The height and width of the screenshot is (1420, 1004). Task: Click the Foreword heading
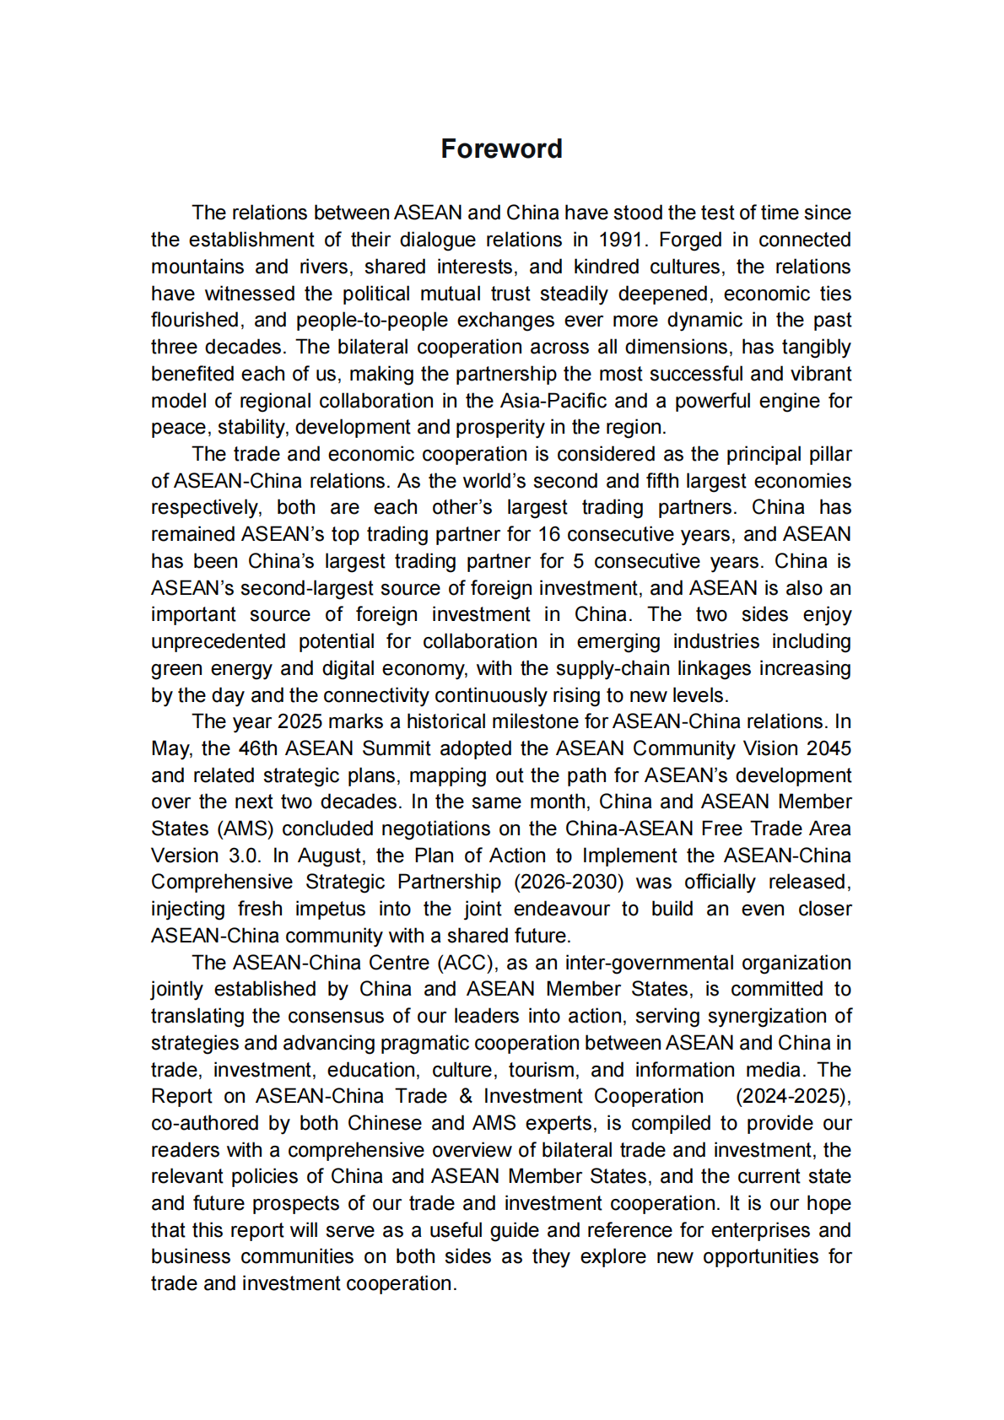click(501, 148)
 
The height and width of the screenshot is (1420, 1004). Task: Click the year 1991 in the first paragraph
click(621, 240)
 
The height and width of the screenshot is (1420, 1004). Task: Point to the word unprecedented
click(219, 641)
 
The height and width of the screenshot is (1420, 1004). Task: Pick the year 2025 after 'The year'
click(300, 721)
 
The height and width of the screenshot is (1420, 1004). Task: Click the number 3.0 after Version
click(244, 856)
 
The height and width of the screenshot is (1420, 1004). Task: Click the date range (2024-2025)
click(793, 1096)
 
